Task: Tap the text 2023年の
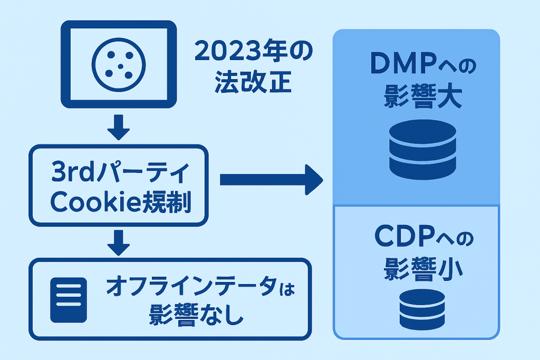tap(253, 53)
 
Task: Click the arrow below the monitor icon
tap(118, 127)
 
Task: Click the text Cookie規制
tap(118, 203)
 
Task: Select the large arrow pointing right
tap(271, 180)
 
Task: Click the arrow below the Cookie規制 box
tap(118, 241)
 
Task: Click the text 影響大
tap(417, 98)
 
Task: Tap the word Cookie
tap(87, 203)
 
